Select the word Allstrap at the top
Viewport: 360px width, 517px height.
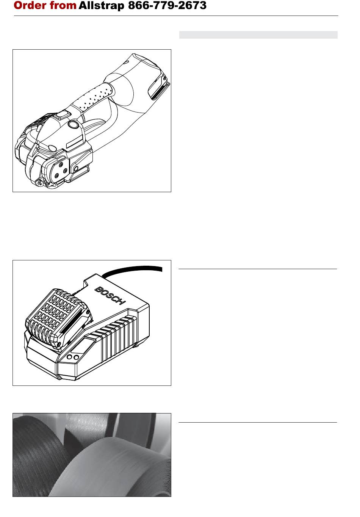coord(102,6)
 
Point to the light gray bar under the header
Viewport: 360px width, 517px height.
coord(258,35)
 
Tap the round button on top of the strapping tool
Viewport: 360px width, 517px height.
coord(74,124)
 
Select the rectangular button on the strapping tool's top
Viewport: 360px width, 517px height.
coord(64,115)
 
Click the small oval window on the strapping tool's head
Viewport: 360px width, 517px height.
coord(52,149)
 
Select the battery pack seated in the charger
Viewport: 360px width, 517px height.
coord(59,318)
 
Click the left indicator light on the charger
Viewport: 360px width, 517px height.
coord(69,357)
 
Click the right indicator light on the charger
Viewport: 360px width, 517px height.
coord(76,357)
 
